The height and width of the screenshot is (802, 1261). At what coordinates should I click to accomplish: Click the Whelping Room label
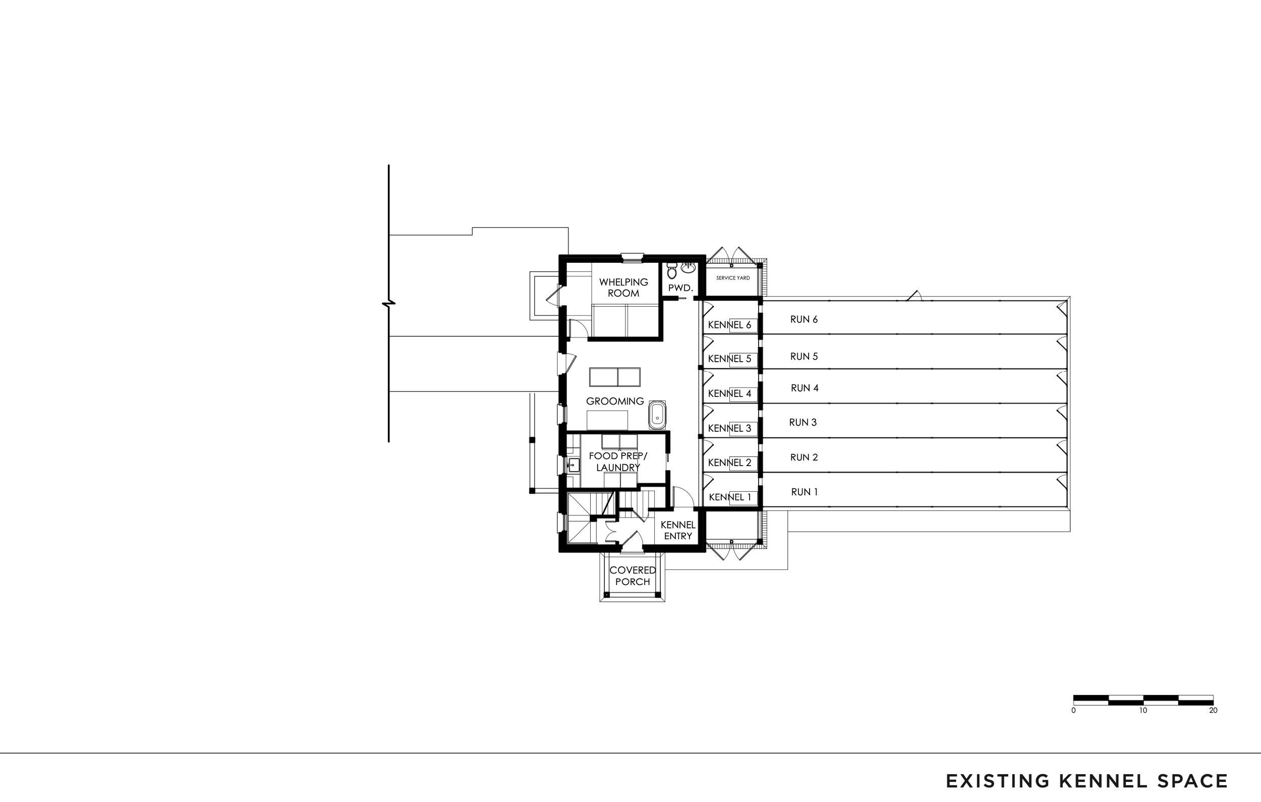pyautogui.click(x=623, y=288)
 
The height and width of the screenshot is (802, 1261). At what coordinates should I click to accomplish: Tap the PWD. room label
pyautogui.click(x=680, y=288)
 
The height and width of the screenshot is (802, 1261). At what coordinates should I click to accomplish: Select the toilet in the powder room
pyautogui.click(x=672, y=271)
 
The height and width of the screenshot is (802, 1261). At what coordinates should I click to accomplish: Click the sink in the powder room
pyautogui.click(x=687, y=269)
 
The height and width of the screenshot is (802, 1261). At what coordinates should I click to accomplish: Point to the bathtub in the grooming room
pyautogui.click(x=657, y=415)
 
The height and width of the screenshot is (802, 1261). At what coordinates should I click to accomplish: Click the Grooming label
pyautogui.click(x=615, y=402)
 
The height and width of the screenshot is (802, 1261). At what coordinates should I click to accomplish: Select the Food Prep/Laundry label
pyautogui.click(x=618, y=462)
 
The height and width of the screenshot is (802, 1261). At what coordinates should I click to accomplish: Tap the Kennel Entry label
pyautogui.click(x=677, y=530)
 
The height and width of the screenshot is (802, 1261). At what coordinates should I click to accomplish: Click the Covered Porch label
pyautogui.click(x=633, y=576)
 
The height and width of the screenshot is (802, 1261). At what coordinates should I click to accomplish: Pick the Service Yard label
pyautogui.click(x=732, y=278)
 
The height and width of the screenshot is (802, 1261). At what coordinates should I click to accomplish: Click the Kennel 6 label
pyautogui.click(x=729, y=325)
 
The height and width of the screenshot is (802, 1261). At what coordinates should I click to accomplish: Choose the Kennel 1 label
pyautogui.click(x=729, y=497)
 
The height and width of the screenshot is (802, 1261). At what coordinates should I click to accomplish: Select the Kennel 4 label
pyautogui.click(x=729, y=393)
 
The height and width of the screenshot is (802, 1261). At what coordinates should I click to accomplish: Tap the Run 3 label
pyautogui.click(x=803, y=422)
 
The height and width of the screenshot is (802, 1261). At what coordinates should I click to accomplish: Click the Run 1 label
pyautogui.click(x=804, y=492)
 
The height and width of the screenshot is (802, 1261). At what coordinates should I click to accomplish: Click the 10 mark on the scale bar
pyautogui.click(x=1143, y=710)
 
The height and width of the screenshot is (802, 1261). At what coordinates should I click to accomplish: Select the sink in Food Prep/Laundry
pyautogui.click(x=574, y=465)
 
